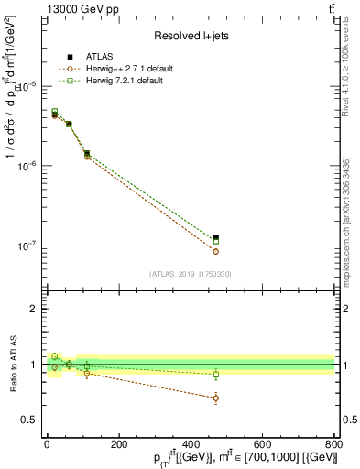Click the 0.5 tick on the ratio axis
(27, 420)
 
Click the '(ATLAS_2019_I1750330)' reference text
(191, 274)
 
